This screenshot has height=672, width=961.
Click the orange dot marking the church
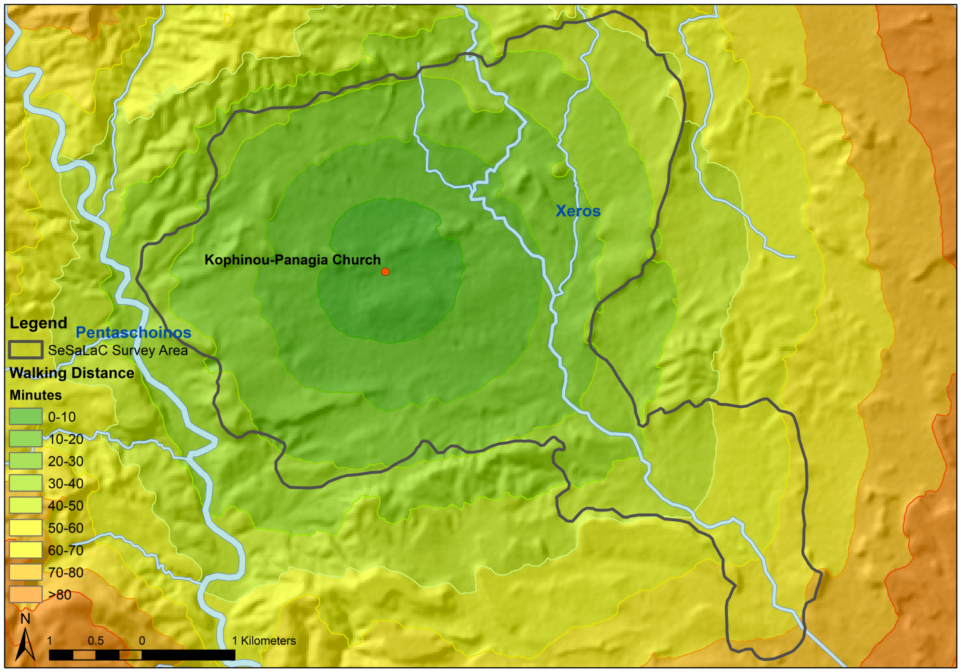click(x=385, y=272)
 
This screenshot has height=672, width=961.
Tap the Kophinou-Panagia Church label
click(x=292, y=260)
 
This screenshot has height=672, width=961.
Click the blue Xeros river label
click(x=578, y=211)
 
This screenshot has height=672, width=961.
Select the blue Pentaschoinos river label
click(x=133, y=332)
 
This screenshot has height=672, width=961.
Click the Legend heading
click(x=38, y=323)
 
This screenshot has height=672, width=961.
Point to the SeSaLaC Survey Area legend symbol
click(x=25, y=350)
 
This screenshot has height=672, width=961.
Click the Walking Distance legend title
click(x=72, y=373)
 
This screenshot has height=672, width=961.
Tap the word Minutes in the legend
click(x=36, y=395)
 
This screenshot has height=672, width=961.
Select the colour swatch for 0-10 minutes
click(x=25, y=417)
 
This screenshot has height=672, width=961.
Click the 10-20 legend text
click(x=66, y=439)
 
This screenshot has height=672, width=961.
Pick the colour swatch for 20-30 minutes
click(x=25, y=461)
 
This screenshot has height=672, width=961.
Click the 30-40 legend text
click(x=66, y=483)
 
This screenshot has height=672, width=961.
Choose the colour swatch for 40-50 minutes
click(x=25, y=505)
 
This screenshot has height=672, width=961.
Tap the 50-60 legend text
click(x=66, y=528)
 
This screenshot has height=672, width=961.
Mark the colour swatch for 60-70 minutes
click(x=25, y=549)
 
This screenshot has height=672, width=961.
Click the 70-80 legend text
click(x=66, y=573)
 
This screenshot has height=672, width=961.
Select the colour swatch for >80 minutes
click(x=25, y=594)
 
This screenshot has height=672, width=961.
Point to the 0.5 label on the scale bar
click(x=95, y=641)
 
